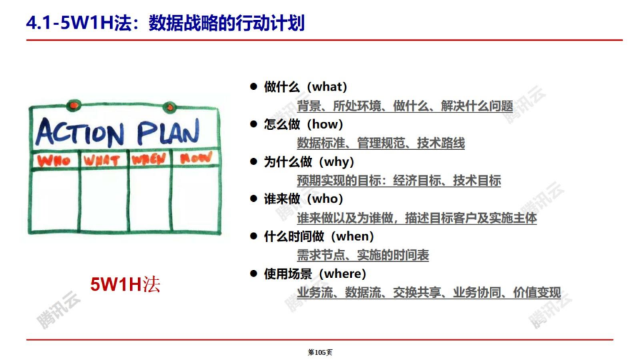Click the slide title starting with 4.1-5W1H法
coord(165,23)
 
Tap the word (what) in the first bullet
coord(326,87)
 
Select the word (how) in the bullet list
coord(324,124)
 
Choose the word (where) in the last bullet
coord(342,274)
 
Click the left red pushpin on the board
coord(74,105)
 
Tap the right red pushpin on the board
coord(169,107)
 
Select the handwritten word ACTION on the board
coord(80,132)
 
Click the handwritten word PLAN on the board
coord(168,131)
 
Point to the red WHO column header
coord(54,161)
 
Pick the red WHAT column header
coord(102,161)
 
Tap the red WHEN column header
coord(149,159)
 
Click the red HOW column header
coord(196,157)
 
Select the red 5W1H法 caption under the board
coord(125,284)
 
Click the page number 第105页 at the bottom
coord(320,352)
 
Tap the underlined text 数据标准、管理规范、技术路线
coord(381,143)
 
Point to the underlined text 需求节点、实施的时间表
coord(363,255)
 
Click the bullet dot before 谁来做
coord(254,199)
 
